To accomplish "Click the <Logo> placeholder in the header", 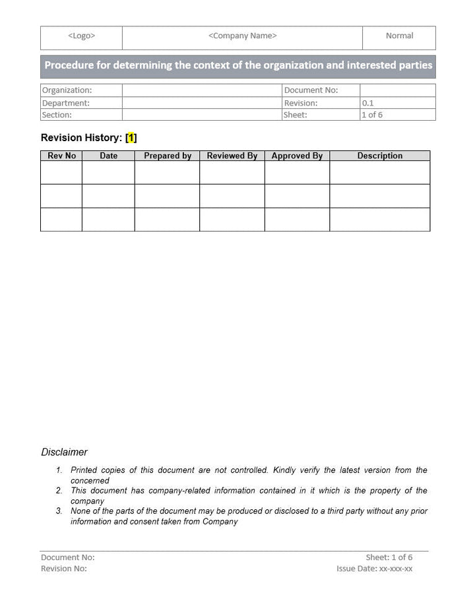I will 81,36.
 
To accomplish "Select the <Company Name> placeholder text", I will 242,36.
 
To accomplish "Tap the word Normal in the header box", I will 399,36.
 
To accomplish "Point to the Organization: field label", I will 67,90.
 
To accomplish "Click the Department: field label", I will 65,103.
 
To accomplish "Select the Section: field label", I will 57,115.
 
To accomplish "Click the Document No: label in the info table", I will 311,90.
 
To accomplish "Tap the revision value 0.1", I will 367,103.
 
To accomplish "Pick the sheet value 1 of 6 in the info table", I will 371,115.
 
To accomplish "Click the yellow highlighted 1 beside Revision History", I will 131,138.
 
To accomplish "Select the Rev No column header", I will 62,156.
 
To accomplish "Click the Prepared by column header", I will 168,156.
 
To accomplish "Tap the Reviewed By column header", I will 232,156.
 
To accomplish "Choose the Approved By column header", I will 297,156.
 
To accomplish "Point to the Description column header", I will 379,156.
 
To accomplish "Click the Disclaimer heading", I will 64,452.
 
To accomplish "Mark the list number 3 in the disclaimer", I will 59,511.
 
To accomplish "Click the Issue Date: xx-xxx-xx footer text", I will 374,569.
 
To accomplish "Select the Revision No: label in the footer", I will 63,569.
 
